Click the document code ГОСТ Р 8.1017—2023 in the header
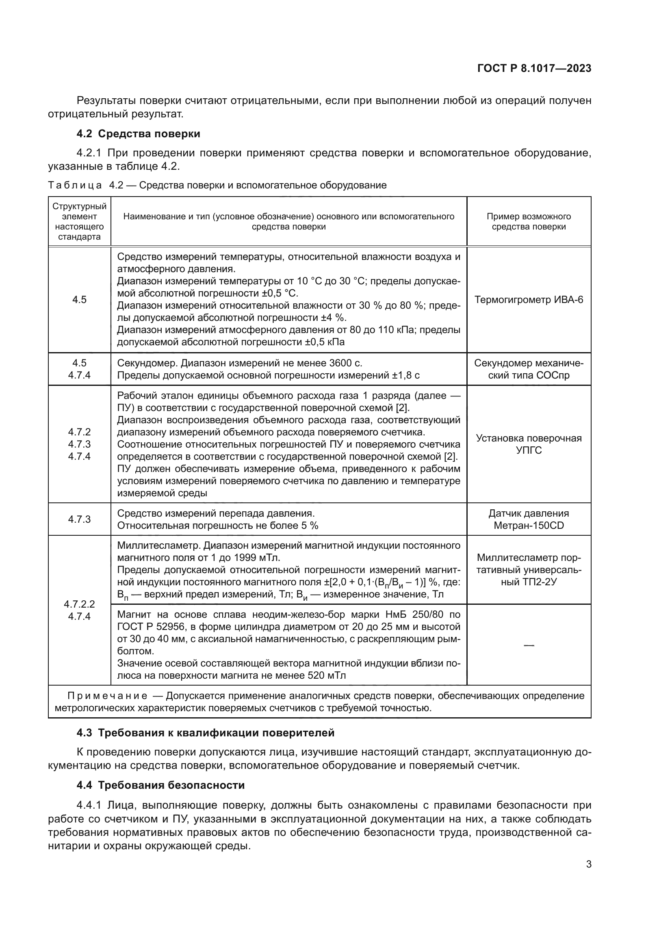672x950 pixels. [x=534, y=69]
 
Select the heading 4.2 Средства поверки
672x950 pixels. [x=138, y=134]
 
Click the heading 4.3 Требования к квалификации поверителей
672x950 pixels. [x=205, y=733]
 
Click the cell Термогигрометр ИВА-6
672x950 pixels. [x=529, y=300]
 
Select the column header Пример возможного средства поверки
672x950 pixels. [x=529, y=221]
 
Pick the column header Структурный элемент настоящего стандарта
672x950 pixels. [x=80, y=221]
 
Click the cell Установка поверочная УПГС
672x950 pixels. [x=529, y=444]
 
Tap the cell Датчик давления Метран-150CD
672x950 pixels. [x=529, y=519]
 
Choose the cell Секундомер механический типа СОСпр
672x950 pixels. [x=529, y=369]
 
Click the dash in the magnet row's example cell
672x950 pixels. [x=529, y=645]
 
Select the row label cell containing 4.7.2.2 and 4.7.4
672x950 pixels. [x=80, y=610]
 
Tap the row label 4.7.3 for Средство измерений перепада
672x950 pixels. [x=80, y=519]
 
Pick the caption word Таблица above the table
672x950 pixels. [x=74, y=185]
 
